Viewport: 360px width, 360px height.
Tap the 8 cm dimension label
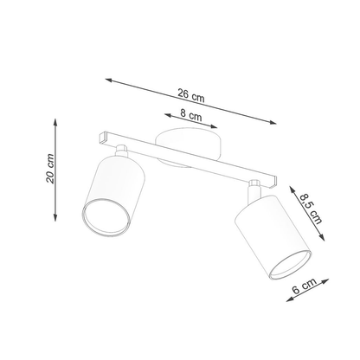point(193,116)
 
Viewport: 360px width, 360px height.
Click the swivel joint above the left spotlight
point(123,153)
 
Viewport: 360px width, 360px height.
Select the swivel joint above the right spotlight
point(254,186)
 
